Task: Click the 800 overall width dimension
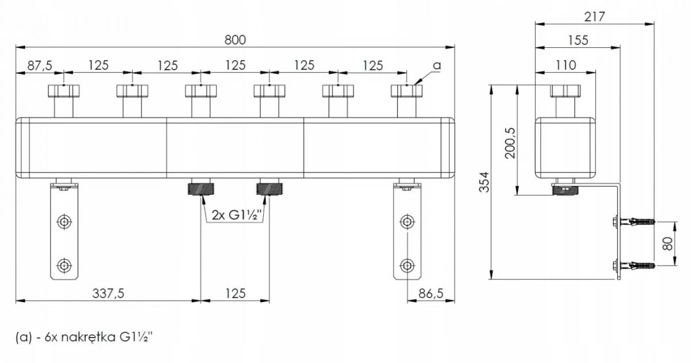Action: (235, 40)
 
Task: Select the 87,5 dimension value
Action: (40, 66)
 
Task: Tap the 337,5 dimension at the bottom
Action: (108, 293)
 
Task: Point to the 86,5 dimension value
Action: (431, 293)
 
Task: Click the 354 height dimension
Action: (484, 182)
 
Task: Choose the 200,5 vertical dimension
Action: (510, 143)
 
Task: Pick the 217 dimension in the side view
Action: (594, 17)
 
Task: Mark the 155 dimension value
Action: (578, 40)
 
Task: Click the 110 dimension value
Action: (565, 66)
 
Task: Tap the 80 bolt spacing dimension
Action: (667, 244)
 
